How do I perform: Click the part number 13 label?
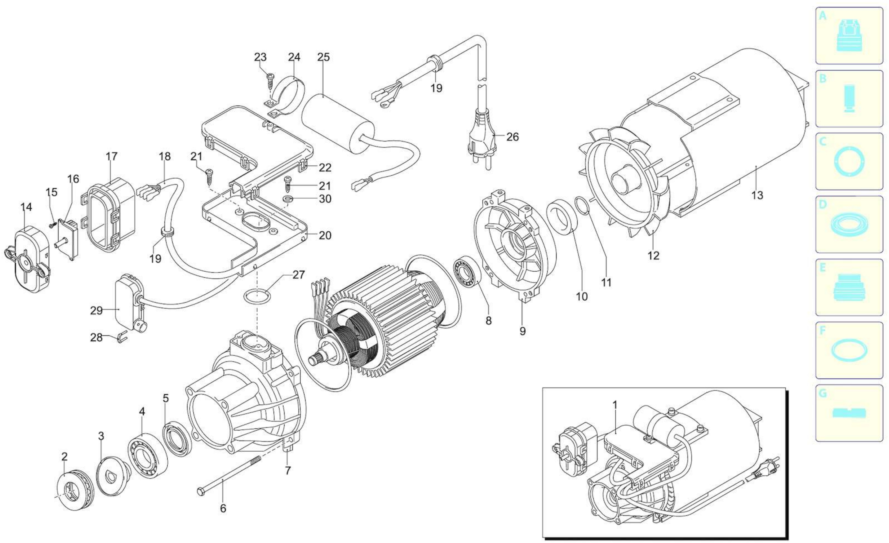coord(757,195)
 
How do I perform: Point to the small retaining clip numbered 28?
coord(122,337)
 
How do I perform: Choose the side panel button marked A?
coord(849,36)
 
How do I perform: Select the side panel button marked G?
coord(849,413)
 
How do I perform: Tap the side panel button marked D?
coord(849,224)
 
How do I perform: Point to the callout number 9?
coord(522,331)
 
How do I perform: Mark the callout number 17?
coord(112,156)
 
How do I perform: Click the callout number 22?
coord(325,168)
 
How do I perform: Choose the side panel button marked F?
coord(849,350)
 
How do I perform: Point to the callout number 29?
coord(96,310)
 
